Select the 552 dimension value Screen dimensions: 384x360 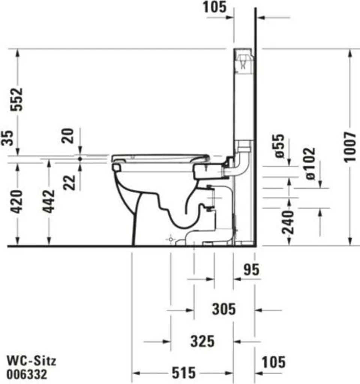pos(16,99)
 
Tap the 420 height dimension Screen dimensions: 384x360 pos(16,201)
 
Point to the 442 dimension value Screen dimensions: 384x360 pos(48,201)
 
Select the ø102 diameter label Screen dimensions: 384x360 pos(310,163)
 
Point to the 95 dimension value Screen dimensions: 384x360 pos(251,270)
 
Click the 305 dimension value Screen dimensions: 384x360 pos(224,309)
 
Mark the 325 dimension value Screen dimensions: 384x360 pos(202,341)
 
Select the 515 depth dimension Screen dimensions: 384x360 pos(184,373)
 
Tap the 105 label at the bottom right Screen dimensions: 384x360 pos(273,362)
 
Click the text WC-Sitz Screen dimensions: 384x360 pos(32,361)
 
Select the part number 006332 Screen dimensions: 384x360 pos(27,374)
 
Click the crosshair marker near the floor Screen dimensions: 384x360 pos(171,239)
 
